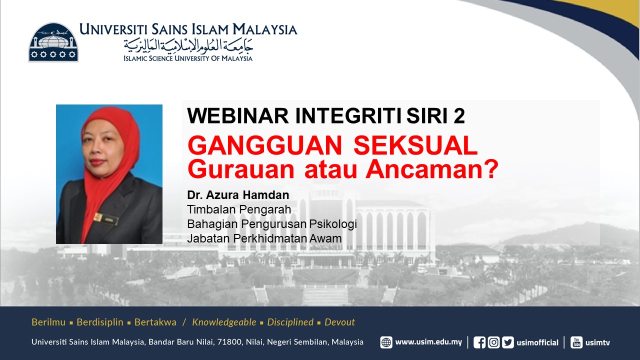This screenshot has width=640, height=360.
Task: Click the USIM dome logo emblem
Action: click(53, 42)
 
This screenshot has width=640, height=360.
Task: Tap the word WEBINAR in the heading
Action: click(237, 115)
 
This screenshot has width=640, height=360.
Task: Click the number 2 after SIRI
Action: click(459, 115)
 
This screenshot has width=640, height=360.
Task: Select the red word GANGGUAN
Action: click(265, 145)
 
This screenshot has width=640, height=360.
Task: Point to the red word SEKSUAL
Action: click(415, 145)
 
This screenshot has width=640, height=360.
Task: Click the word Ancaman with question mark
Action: click(432, 169)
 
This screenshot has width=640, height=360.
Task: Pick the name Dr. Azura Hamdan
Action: click(238, 195)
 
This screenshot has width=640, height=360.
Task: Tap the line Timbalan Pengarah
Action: click(239, 209)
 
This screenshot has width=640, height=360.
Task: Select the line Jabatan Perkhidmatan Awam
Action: click(264, 238)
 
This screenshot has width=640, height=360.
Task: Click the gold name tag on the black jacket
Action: click(105, 219)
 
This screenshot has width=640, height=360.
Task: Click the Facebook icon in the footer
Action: click(479, 342)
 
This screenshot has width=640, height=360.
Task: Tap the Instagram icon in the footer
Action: click(493, 342)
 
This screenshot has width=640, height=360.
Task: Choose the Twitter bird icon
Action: click(508, 342)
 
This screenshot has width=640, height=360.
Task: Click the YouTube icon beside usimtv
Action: click(576, 342)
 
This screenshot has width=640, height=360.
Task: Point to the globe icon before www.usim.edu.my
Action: click(386, 342)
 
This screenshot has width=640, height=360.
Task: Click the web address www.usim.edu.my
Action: click(428, 342)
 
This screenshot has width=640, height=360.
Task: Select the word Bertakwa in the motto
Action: click(155, 322)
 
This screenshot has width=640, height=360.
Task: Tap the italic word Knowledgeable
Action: click(224, 322)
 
